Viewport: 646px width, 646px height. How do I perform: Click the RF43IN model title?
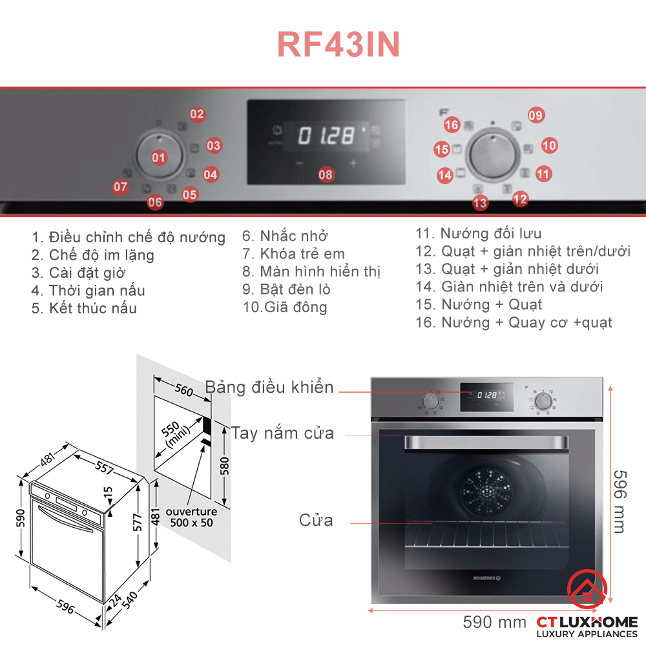[339, 45]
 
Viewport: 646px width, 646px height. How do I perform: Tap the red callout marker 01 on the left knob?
[159, 157]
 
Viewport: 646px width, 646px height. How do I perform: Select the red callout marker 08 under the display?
[326, 174]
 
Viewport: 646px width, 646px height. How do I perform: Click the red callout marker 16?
[452, 125]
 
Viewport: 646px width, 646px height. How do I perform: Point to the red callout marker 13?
[480, 203]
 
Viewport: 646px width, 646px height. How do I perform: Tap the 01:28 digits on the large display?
[326, 136]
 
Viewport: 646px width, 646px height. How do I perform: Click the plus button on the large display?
[353, 163]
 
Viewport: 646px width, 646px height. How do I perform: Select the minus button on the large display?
[299, 163]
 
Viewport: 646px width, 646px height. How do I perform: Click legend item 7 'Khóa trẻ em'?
[294, 254]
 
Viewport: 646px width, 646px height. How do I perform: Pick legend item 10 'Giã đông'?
[285, 307]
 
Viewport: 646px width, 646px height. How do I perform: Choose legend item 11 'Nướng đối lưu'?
[479, 234]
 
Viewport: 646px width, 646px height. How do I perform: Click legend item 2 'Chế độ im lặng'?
[93, 255]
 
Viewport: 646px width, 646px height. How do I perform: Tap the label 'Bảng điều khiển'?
[269, 388]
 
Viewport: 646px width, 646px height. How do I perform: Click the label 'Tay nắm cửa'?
[283, 433]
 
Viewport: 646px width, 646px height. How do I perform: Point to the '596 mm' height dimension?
[618, 492]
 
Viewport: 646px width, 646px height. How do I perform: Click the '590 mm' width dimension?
[494, 623]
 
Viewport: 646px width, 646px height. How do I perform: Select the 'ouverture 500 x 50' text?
[190, 517]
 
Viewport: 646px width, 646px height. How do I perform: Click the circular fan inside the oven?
[484, 487]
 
